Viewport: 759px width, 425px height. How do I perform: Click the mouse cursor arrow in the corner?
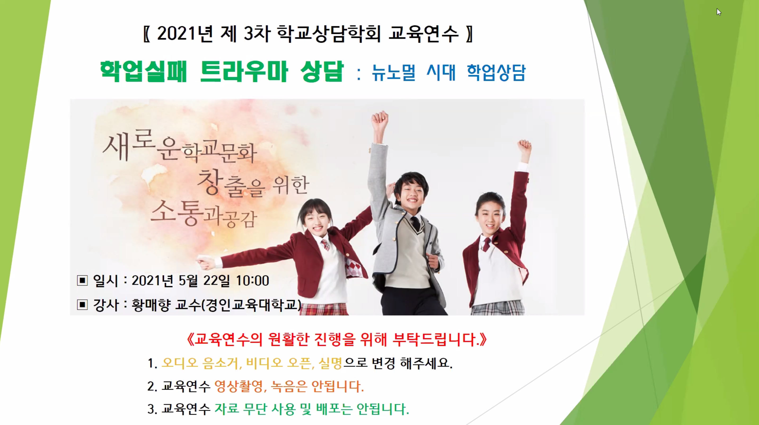pos(719,12)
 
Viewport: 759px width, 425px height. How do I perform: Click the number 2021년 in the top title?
pos(185,33)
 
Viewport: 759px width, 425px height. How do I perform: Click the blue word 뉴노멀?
pos(393,72)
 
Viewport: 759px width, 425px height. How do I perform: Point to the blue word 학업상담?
pos(496,72)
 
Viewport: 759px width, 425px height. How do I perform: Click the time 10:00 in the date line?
pos(253,280)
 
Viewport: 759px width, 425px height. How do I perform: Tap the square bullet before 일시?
pos(82,280)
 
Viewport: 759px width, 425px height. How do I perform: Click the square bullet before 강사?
pos(82,304)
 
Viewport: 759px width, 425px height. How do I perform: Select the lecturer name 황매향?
pos(151,305)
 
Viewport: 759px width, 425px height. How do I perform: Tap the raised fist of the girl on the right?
pos(524,148)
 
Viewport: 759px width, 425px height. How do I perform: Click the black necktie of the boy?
pos(416,224)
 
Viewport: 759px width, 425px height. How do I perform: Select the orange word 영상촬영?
pos(238,386)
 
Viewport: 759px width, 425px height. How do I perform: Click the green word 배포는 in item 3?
pos(334,409)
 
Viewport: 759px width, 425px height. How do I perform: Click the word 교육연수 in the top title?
pos(424,33)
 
